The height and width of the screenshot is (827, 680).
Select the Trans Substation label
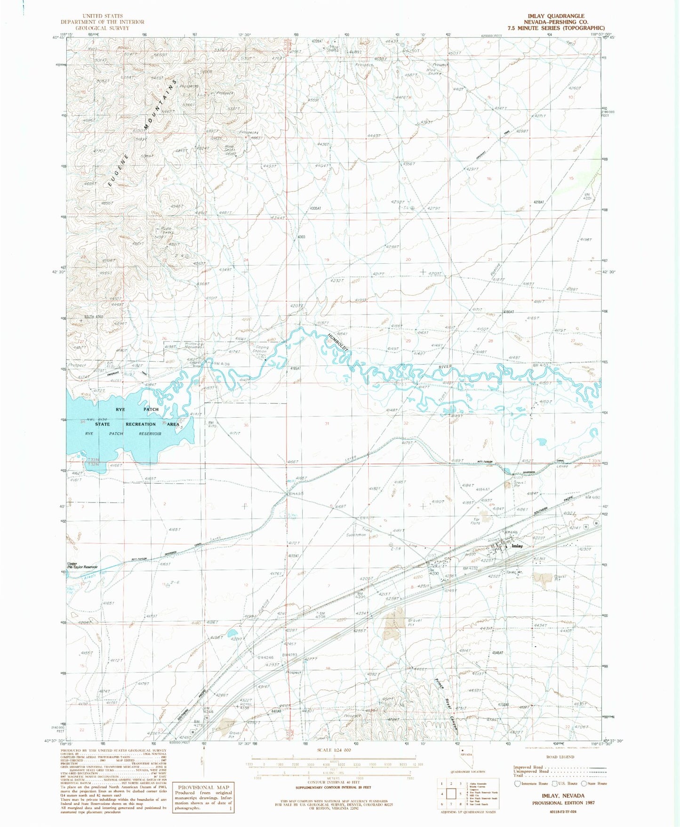[360, 533]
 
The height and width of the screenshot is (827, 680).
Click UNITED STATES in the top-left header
[102, 16]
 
